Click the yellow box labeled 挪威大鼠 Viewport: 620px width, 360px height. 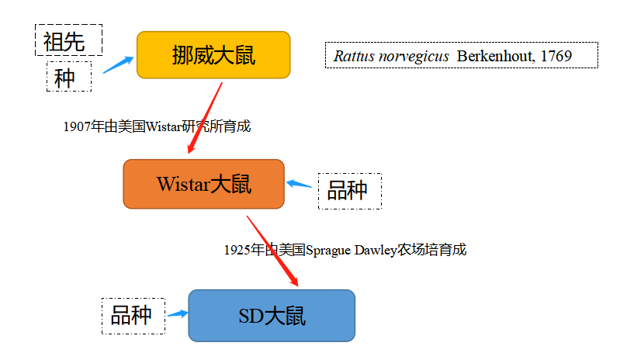click(213, 55)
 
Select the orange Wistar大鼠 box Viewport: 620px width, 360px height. click(204, 184)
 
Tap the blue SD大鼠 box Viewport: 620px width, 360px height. click(272, 316)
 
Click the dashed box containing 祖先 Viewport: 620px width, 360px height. click(68, 40)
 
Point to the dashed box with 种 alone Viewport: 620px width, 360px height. click(68, 78)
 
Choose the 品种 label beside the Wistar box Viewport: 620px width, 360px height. click(349, 190)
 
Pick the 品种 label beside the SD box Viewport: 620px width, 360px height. click(133, 315)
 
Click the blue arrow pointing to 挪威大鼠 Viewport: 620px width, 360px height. click(118, 64)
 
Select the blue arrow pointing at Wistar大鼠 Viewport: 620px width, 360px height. click(300, 185)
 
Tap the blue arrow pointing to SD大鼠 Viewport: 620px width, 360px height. click(177, 313)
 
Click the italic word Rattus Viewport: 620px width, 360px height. click(352, 56)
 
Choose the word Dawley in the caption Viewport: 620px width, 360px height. click(376, 250)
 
